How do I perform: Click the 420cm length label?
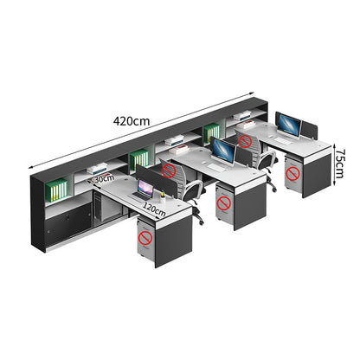(132, 121)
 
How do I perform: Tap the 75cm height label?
(339, 164)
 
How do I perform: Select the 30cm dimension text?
(104, 178)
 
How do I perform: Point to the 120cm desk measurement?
(154, 209)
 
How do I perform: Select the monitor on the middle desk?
(223, 151)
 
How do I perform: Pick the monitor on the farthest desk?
(288, 125)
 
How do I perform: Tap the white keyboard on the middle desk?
(217, 167)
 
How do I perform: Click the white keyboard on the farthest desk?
(282, 141)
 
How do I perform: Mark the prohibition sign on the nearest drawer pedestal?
(145, 238)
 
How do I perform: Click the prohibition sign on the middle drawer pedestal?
(223, 203)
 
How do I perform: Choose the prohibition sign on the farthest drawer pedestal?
(292, 174)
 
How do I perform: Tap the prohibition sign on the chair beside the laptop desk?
(169, 171)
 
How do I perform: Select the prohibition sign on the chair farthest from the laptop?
(246, 141)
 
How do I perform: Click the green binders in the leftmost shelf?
(58, 190)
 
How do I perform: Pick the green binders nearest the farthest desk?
(212, 133)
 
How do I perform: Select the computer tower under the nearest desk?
(97, 207)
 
